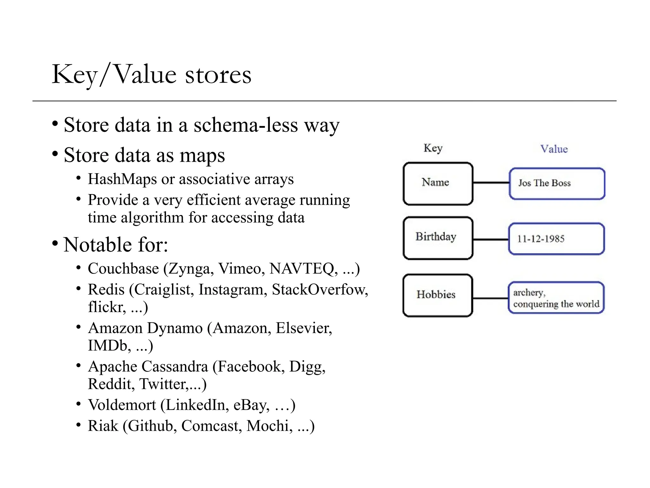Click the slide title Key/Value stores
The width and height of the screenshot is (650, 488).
151,74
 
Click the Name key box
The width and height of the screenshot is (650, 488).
438,183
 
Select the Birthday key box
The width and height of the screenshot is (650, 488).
438,238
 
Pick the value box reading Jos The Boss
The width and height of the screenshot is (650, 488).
557,184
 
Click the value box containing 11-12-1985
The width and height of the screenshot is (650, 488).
556,239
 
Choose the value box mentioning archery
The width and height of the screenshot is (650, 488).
556,298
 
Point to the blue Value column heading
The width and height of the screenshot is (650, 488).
554,149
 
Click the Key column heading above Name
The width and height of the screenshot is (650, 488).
433,148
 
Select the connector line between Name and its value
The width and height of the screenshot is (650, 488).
491,183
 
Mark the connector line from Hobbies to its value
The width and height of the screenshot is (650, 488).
490,298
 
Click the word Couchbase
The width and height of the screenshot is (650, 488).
123,269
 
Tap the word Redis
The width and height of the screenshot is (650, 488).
106,290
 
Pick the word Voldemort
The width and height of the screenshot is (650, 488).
122,405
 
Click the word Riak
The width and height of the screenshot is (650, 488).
103,426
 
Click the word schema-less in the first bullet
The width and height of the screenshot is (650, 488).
246,125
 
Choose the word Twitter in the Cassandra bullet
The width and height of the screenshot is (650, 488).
163,384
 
